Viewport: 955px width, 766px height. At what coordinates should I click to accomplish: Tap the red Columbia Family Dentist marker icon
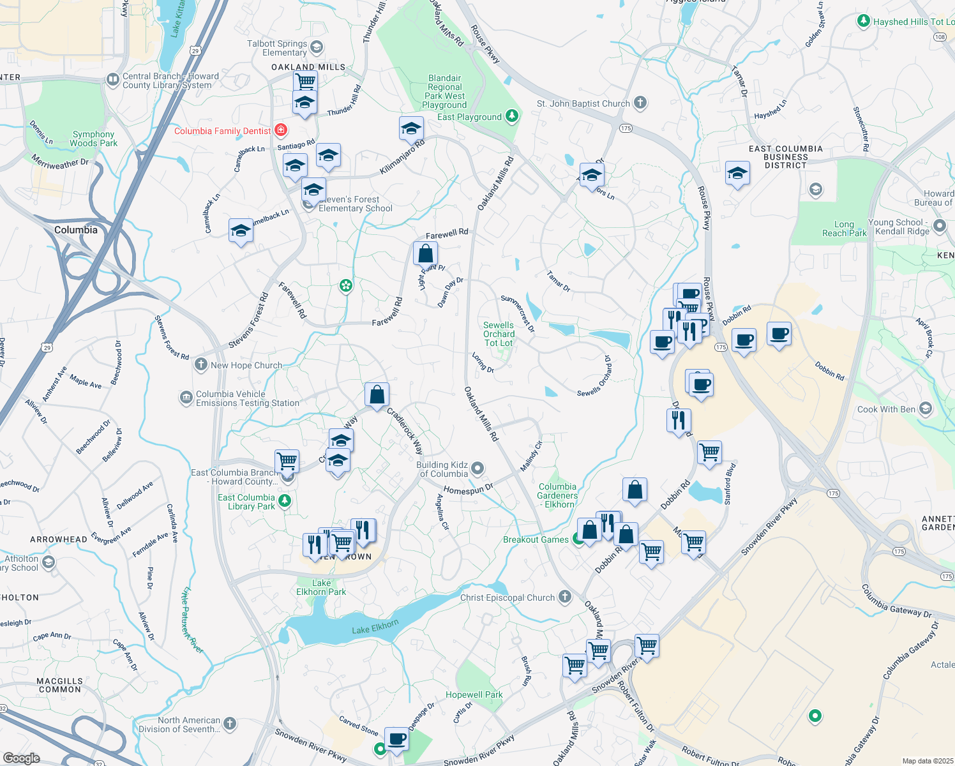pos(280,131)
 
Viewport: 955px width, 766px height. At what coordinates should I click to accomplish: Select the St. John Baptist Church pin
pos(640,103)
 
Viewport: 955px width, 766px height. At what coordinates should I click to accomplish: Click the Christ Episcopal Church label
pos(508,597)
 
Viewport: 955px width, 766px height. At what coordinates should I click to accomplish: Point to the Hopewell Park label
pos(474,695)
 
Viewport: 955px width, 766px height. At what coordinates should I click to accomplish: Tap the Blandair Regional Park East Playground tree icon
pos(511,116)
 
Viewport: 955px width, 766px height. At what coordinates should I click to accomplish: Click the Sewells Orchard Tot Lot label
pos(499,334)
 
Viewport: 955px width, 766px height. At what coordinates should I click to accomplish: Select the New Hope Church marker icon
pos(201,364)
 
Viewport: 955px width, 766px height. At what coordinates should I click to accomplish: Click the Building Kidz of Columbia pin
pos(478,469)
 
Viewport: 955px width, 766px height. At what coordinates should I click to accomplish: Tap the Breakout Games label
pos(536,539)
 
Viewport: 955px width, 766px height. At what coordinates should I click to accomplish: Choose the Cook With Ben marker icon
pos(926,409)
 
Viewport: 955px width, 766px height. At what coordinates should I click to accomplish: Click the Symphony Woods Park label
pos(93,139)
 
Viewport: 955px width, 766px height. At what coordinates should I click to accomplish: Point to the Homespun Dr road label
pos(468,490)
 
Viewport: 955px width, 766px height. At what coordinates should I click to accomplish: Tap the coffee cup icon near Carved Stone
pos(396,739)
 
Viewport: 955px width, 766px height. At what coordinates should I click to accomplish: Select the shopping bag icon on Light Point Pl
pos(425,253)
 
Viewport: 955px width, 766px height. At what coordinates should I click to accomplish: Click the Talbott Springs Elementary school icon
pos(317,47)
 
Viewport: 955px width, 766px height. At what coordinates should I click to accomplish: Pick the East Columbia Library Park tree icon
pos(285,501)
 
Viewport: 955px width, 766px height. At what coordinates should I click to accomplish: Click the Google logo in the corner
pos(21,758)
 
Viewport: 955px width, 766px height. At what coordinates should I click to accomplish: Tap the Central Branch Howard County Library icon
pos(113,80)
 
